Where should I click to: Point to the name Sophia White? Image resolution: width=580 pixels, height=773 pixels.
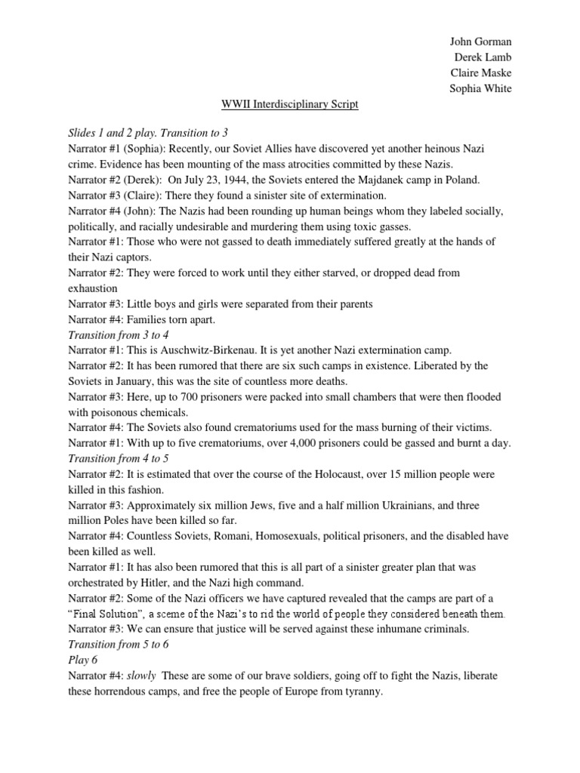(x=480, y=88)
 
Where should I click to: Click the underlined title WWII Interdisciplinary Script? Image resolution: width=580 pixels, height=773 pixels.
(x=289, y=104)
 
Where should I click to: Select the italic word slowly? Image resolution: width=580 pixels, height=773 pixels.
(x=141, y=676)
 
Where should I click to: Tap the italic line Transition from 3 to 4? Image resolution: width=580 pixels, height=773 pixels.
(x=119, y=334)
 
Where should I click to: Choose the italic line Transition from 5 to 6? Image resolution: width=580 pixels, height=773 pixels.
(x=119, y=644)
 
